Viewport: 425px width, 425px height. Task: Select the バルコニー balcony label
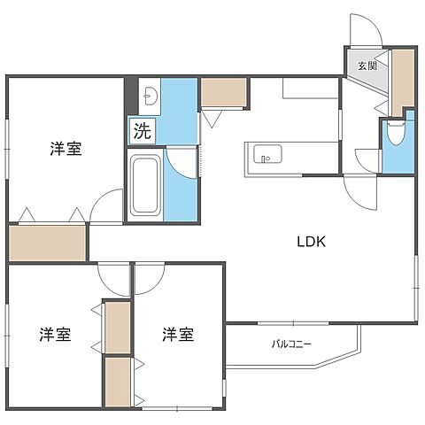click(291, 344)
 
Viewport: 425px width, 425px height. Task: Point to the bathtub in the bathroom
click(144, 184)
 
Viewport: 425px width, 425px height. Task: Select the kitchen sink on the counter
click(266, 156)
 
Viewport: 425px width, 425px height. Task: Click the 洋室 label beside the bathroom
click(66, 149)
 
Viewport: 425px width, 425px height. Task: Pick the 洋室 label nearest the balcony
click(178, 335)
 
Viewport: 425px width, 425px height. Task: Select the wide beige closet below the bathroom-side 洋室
click(48, 243)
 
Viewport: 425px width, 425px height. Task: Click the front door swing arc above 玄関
click(366, 30)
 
